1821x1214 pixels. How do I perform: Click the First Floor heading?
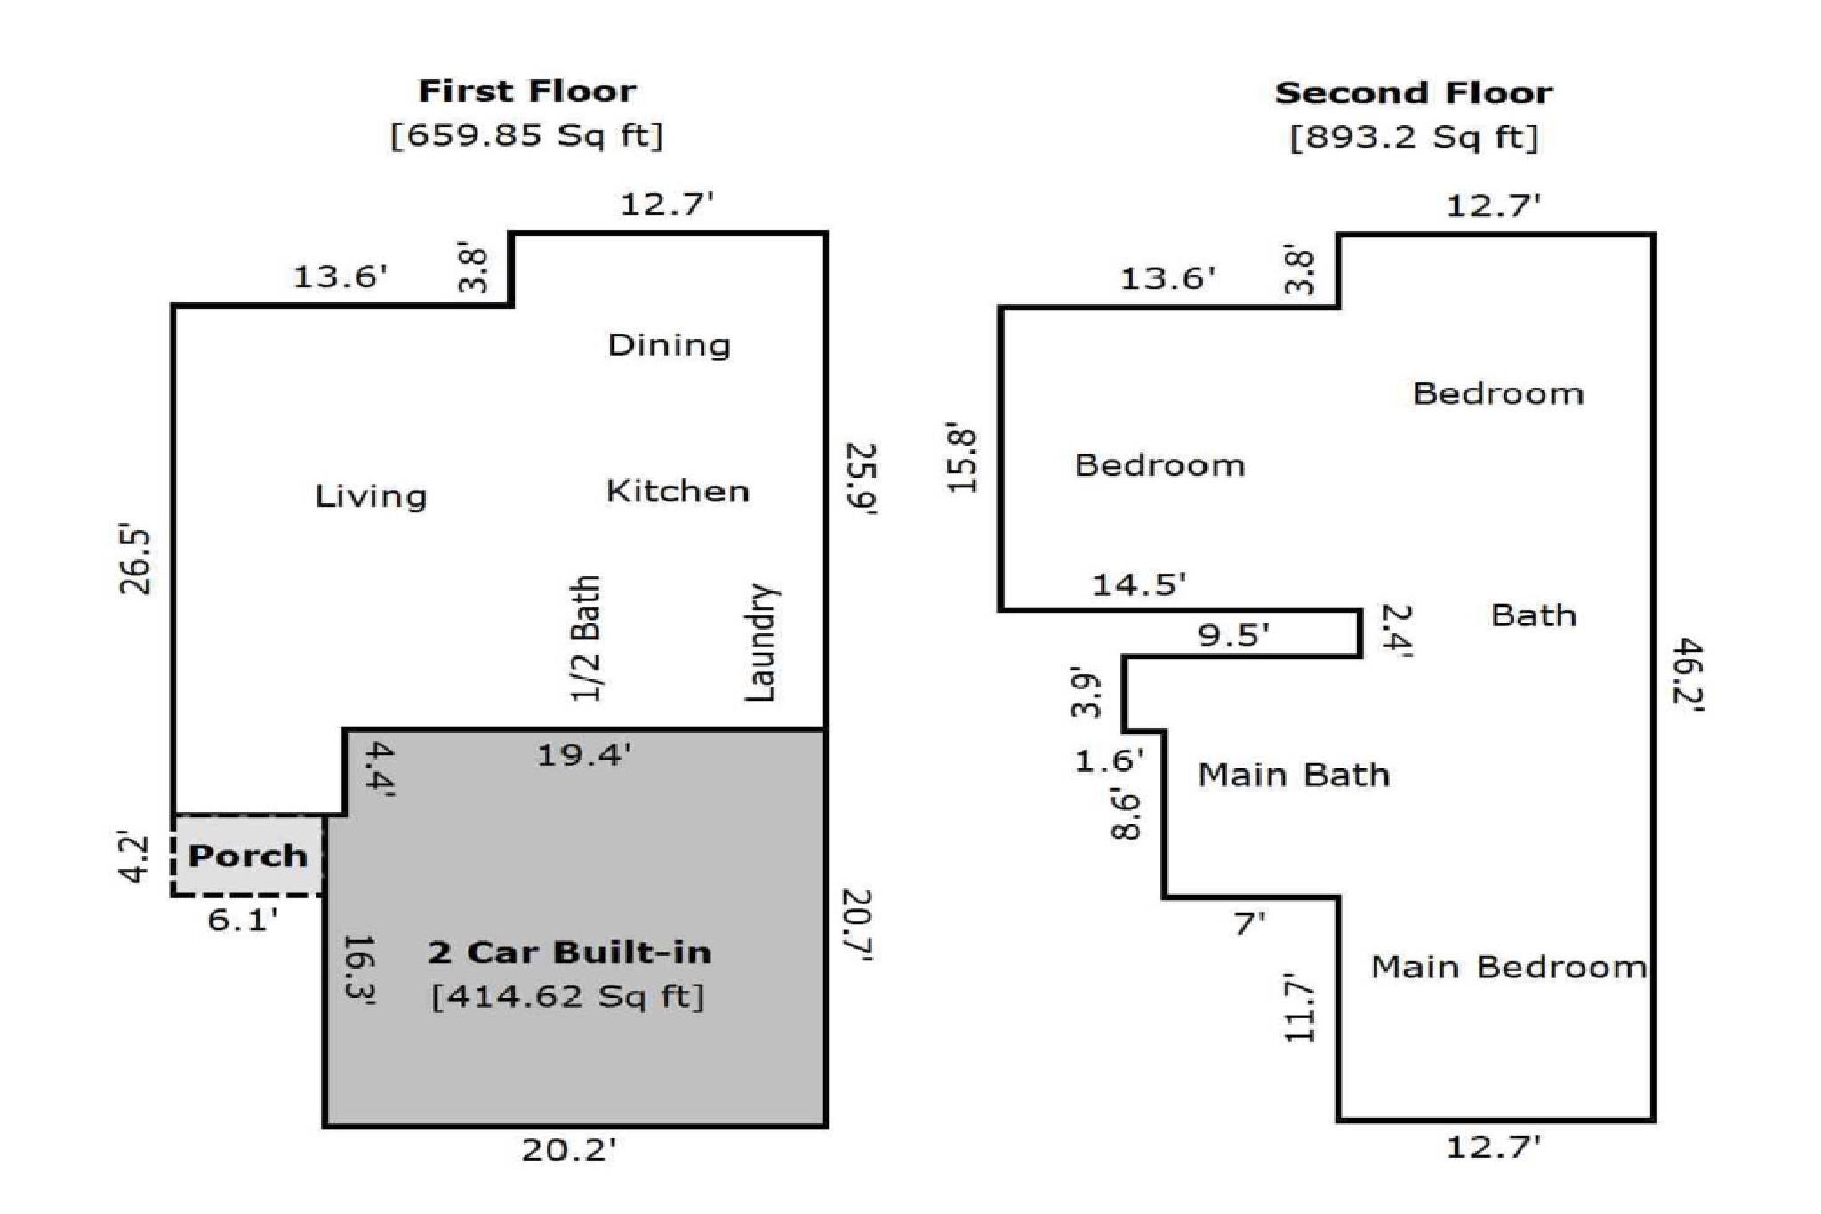tap(527, 91)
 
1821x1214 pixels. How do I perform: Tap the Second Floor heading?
tap(1414, 92)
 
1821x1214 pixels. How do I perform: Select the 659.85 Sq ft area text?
tap(527, 135)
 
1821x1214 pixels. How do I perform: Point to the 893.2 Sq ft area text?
tap(1414, 137)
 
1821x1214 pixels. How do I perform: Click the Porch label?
tap(248, 856)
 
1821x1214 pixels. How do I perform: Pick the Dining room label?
tap(670, 345)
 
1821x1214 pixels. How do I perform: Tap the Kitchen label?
tap(678, 491)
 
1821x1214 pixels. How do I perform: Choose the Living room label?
tap(371, 495)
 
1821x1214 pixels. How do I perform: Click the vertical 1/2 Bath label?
tap(586, 638)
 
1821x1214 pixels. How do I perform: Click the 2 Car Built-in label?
tap(570, 953)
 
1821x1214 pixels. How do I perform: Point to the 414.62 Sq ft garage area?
tap(568, 995)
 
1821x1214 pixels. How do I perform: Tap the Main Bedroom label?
tap(1509, 967)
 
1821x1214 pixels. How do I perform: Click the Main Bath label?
tap(1294, 775)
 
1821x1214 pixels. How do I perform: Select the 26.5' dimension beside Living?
tap(137, 561)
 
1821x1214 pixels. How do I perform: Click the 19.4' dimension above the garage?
tap(584, 755)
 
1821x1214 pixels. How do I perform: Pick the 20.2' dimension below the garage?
tap(568, 1150)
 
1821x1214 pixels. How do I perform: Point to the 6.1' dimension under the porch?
tap(243, 920)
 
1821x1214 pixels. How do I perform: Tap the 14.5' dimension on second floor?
tap(1139, 584)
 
